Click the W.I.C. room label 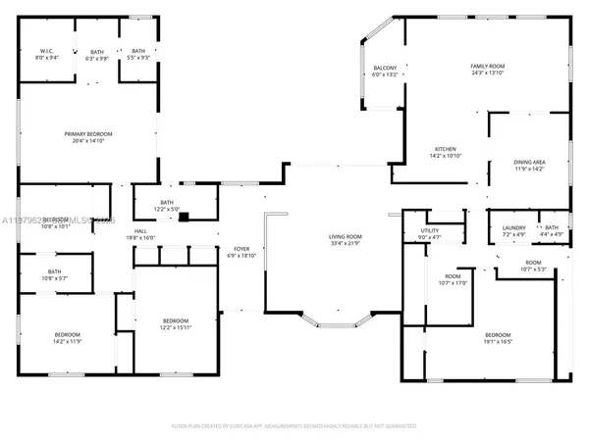click(46, 50)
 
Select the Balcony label click(385, 68)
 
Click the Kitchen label click(445, 149)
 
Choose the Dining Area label click(529, 162)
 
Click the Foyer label click(241, 248)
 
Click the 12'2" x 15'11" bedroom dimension click(175, 328)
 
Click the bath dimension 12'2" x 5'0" click(167, 209)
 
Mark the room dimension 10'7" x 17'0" click(453, 284)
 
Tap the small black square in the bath click(184, 217)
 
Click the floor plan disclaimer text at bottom click(294, 426)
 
